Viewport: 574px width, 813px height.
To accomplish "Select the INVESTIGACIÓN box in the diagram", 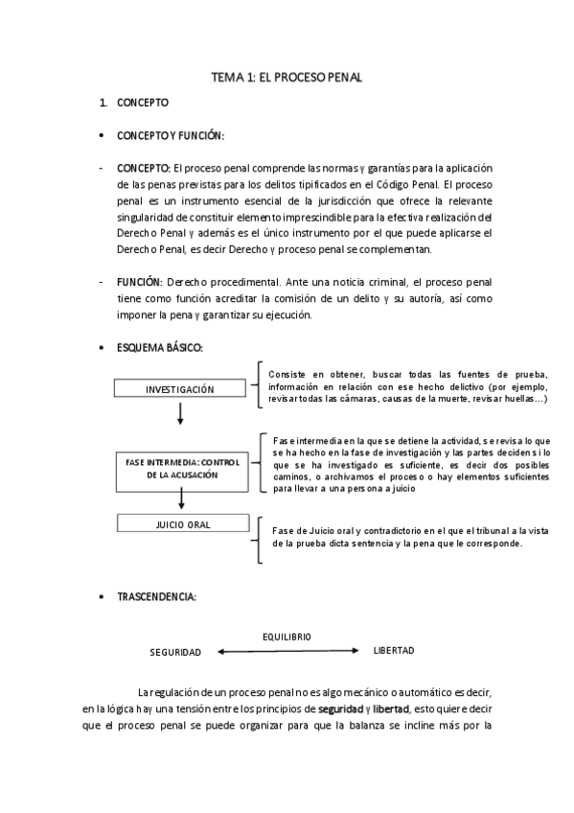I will pyautogui.click(x=179, y=388).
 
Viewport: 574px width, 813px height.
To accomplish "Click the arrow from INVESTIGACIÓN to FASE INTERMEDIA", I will pyautogui.click(x=179, y=413).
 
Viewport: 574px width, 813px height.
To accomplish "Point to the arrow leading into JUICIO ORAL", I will pyautogui.click(x=179, y=499).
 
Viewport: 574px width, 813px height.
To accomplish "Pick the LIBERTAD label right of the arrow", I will pyautogui.click(x=393, y=651).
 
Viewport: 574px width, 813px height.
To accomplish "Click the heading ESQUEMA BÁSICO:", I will pyautogui.click(x=160, y=347).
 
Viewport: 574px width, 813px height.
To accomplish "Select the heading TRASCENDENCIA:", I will pyautogui.click(x=157, y=596).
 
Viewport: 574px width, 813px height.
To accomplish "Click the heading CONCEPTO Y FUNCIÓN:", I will pyautogui.click(x=171, y=135).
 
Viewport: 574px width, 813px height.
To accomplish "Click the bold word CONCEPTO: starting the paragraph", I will pyautogui.click(x=144, y=168).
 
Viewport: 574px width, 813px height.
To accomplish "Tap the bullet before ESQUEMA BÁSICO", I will pyautogui.click(x=103, y=347).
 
